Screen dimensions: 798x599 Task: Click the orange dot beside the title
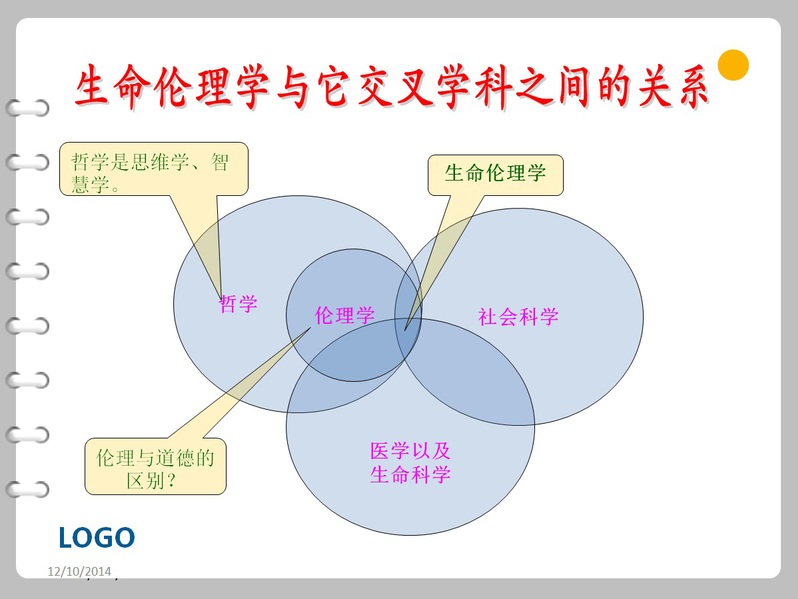click(733, 65)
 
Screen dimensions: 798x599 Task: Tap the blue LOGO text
click(97, 538)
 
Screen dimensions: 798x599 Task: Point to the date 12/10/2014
click(79, 572)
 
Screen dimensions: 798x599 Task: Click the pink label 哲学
click(238, 304)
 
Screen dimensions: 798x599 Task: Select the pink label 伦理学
click(345, 316)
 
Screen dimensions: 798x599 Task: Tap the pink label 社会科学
click(518, 317)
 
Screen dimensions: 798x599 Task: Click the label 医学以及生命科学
click(410, 463)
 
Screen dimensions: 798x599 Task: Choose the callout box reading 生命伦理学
click(496, 175)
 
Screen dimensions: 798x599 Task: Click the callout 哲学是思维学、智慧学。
click(154, 169)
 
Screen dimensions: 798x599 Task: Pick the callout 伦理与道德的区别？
click(155, 466)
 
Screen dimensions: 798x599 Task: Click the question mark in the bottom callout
click(171, 480)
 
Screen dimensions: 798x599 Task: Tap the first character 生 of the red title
click(93, 85)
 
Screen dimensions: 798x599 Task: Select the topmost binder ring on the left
click(28, 108)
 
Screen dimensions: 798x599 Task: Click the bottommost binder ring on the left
click(28, 489)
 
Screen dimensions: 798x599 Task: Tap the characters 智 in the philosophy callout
click(220, 162)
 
